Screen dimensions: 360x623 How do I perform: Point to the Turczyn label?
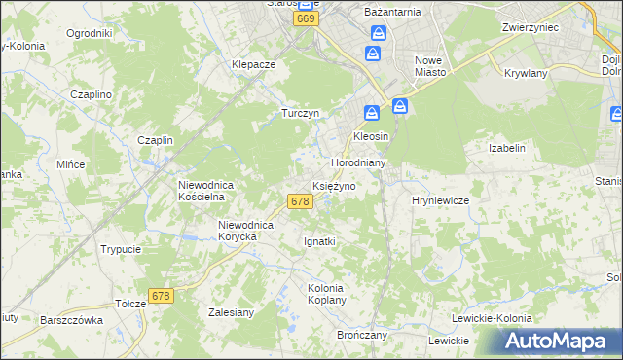click(301, 113)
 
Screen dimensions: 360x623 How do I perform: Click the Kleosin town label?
click(371, 136)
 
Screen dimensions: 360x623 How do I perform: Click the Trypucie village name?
click(121, 249)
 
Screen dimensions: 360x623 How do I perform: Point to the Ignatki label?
click(319, 240)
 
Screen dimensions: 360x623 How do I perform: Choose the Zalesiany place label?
click(232, 312)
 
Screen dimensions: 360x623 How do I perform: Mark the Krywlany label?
click(527, 73)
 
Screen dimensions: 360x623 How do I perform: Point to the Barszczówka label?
click(72, 319)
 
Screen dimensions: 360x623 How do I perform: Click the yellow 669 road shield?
click(308, 19)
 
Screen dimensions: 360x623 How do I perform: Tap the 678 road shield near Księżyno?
click(300, 201)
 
